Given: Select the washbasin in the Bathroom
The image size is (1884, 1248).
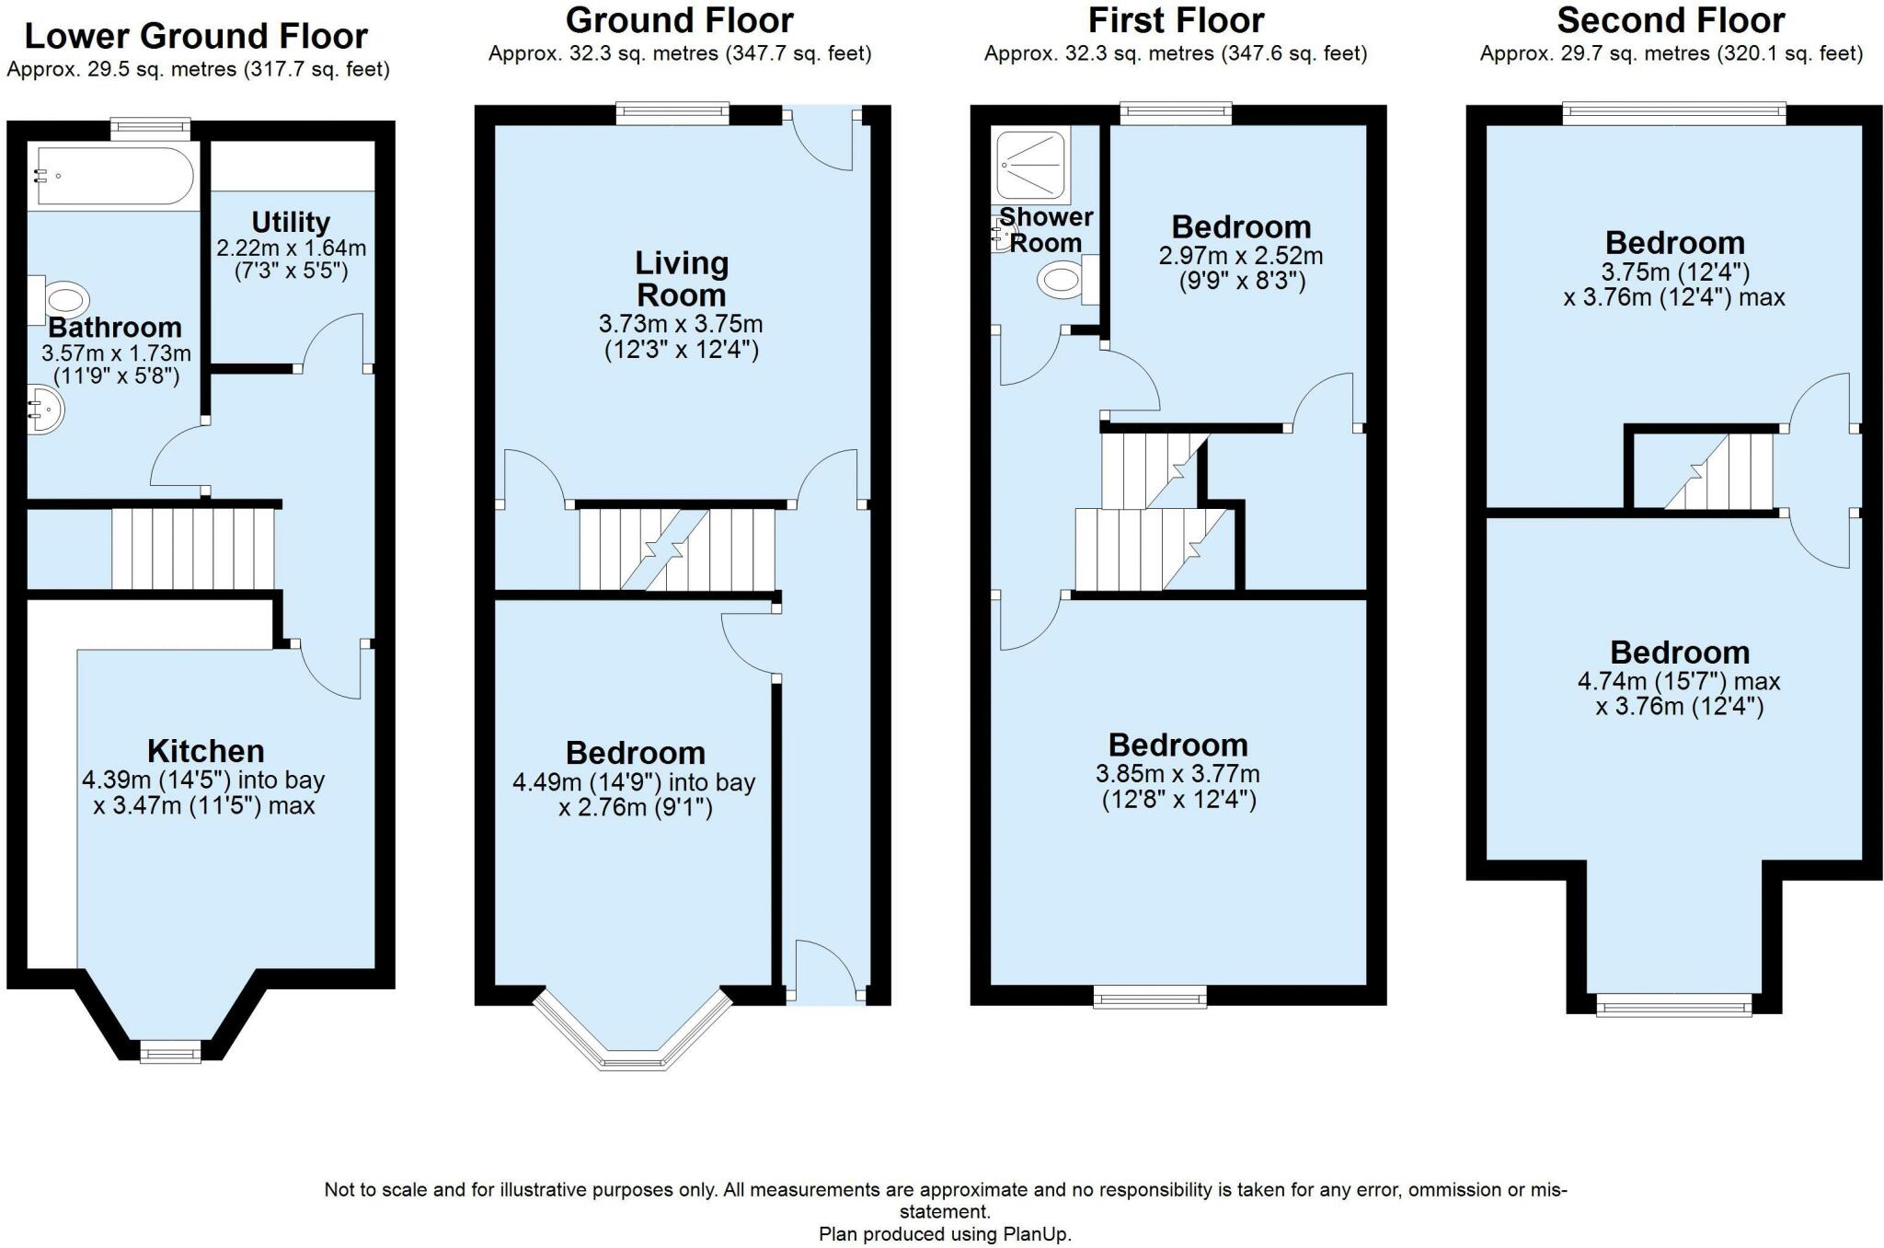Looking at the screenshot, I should tap(44, 408).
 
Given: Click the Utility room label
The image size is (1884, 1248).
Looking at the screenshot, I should tap(291, 222).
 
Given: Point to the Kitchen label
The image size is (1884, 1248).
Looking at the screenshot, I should tap(205, 750).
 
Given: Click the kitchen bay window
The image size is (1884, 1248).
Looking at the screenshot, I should tap(170, 1050).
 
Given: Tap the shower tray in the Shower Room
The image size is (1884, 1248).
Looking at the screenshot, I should tap(1032, 166).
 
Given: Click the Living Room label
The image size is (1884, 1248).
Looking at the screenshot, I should tap(681, 279).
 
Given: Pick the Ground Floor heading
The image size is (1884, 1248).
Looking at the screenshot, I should tap(679, 20).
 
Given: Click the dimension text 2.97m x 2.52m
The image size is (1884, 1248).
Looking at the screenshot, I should tap(1241, 255).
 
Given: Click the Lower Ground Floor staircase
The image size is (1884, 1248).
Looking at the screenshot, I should tap(193, 549).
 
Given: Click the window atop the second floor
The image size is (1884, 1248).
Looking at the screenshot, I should tap(1674, 114).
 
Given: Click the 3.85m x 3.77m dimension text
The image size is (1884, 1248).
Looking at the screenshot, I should tap(1178, 774).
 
